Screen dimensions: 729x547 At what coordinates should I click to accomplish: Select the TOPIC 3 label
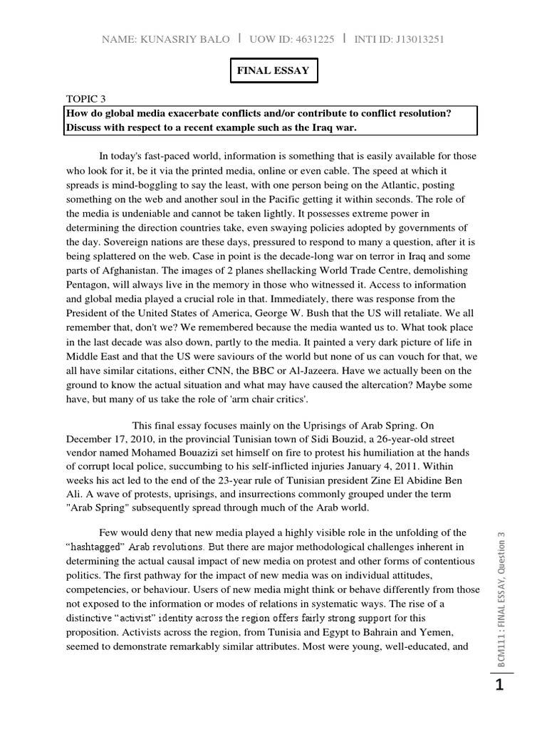pyautogui.click(x=89, y=99)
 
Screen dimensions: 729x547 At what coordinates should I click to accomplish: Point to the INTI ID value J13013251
pyautogui.click(x=413, y=39)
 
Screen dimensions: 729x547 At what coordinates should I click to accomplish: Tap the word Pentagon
pyautogui.click(x=88, y=285)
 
